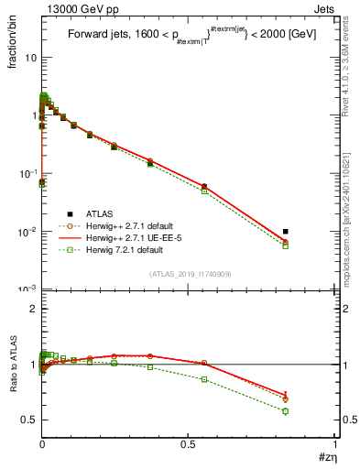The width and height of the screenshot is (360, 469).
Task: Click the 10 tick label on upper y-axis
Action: pyautogui.click(x=29, y=58)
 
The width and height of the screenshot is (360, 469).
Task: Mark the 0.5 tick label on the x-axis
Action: pyautogui.click(x=188, y=443)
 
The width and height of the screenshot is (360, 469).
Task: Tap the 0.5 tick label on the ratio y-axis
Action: pyautogui.click(x=27, y=420)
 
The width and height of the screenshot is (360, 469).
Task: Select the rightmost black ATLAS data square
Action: pyautogui.click(x=286, y=232)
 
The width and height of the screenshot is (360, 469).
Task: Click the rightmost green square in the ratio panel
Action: pyautogui.click(x=286, y=410)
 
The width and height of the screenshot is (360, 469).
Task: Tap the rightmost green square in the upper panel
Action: pyautogui.click(x=286, y=245)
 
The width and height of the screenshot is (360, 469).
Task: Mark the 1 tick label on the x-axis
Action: pyautogui.click(x=335, y=443)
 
